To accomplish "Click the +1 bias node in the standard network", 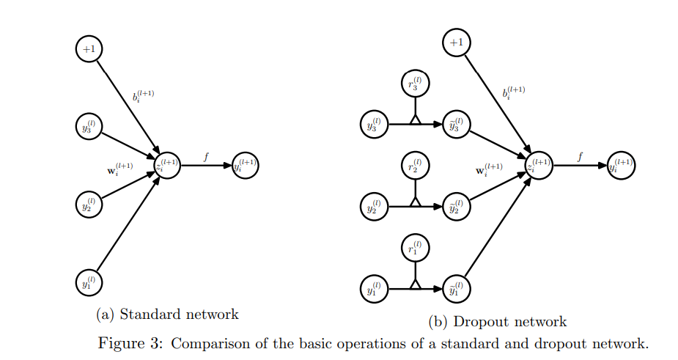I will coord(89,49).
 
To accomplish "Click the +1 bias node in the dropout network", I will coord(456,43).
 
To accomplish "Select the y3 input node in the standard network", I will coord(89,126).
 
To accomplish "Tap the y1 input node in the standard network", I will coord(89,281).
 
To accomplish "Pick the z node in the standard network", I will coord(167,165).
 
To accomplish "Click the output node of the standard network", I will coord(246,165).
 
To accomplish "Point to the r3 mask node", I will coord(416,84).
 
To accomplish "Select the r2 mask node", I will coord(416,166).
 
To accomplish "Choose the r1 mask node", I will coord(416,249).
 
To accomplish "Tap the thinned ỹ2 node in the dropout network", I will coord(457,207).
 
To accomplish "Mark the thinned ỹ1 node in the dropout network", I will coord(457,289).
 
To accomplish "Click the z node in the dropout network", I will coord(539,166).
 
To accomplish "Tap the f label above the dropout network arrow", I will coord(581,155).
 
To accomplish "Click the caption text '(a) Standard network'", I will coord(167,315).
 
